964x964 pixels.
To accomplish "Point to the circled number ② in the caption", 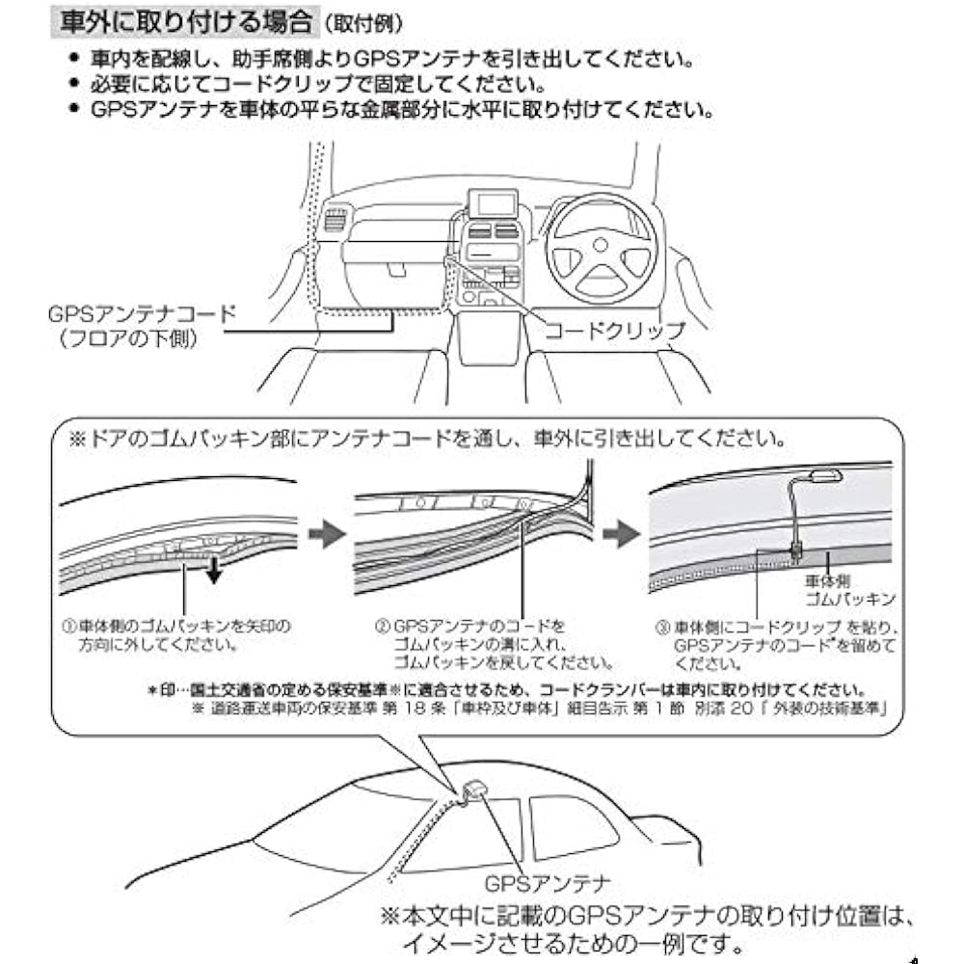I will click(382, 626).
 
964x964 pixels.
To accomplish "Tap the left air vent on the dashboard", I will click(333, 221).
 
